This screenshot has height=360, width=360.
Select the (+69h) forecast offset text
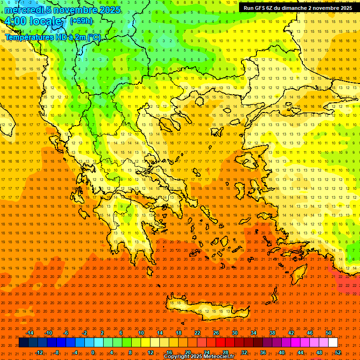(81, 21)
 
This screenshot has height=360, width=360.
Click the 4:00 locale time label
(33, 22)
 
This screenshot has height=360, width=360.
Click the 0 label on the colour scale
(93, 352)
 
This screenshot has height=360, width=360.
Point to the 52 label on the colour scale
(338, 352)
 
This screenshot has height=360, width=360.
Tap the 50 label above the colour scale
(329, 333)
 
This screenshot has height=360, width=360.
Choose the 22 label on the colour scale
(197, 333)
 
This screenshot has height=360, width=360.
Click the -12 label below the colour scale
(39, 352)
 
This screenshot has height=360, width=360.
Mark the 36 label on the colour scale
(263, 352)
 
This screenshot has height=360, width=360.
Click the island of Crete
(206, 309)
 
